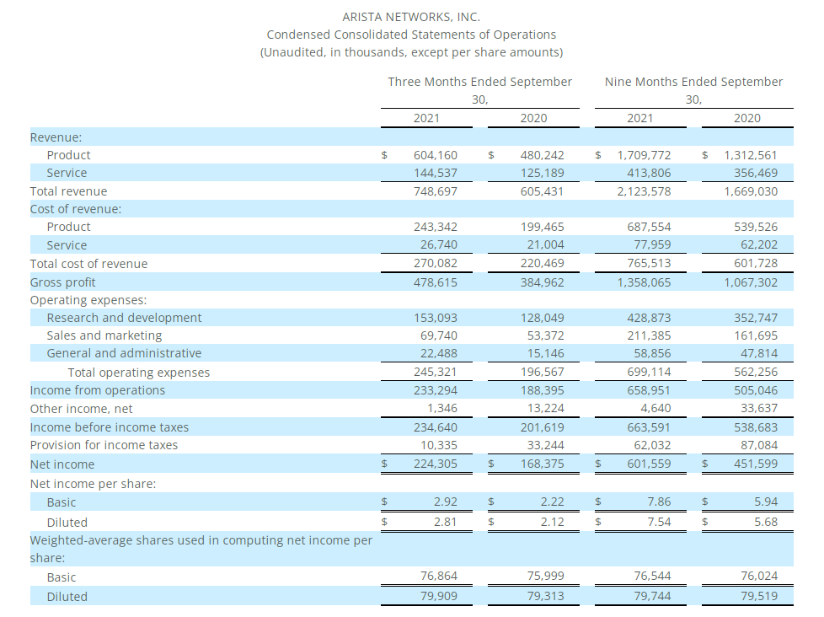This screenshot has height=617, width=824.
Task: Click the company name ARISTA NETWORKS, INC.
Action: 411,17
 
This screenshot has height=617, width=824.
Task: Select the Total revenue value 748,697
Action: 435,191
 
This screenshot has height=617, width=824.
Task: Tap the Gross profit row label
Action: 62,282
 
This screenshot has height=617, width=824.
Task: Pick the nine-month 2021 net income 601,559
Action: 649,464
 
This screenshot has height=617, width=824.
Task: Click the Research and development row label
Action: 124,318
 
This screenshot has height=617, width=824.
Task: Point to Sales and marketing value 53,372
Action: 545,335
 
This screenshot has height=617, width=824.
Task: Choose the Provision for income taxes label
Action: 104,445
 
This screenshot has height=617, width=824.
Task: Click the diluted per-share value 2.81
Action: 445,522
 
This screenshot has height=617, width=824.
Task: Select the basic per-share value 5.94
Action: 766,502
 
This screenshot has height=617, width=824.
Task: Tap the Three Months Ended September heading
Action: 479,82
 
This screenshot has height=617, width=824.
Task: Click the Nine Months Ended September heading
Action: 693,82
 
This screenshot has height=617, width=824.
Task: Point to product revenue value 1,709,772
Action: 644,155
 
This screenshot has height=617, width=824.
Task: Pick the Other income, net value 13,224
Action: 545,408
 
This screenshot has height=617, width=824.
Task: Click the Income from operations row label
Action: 97,390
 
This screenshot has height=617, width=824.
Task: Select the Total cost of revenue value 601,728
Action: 756,263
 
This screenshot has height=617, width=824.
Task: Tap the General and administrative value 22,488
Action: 439,353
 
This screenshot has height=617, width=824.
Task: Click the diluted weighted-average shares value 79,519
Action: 759,596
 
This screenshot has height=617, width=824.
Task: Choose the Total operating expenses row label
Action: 139,373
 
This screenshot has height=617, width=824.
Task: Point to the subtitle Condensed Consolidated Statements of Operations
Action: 411,35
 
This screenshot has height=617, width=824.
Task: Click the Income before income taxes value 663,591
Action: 649,427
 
